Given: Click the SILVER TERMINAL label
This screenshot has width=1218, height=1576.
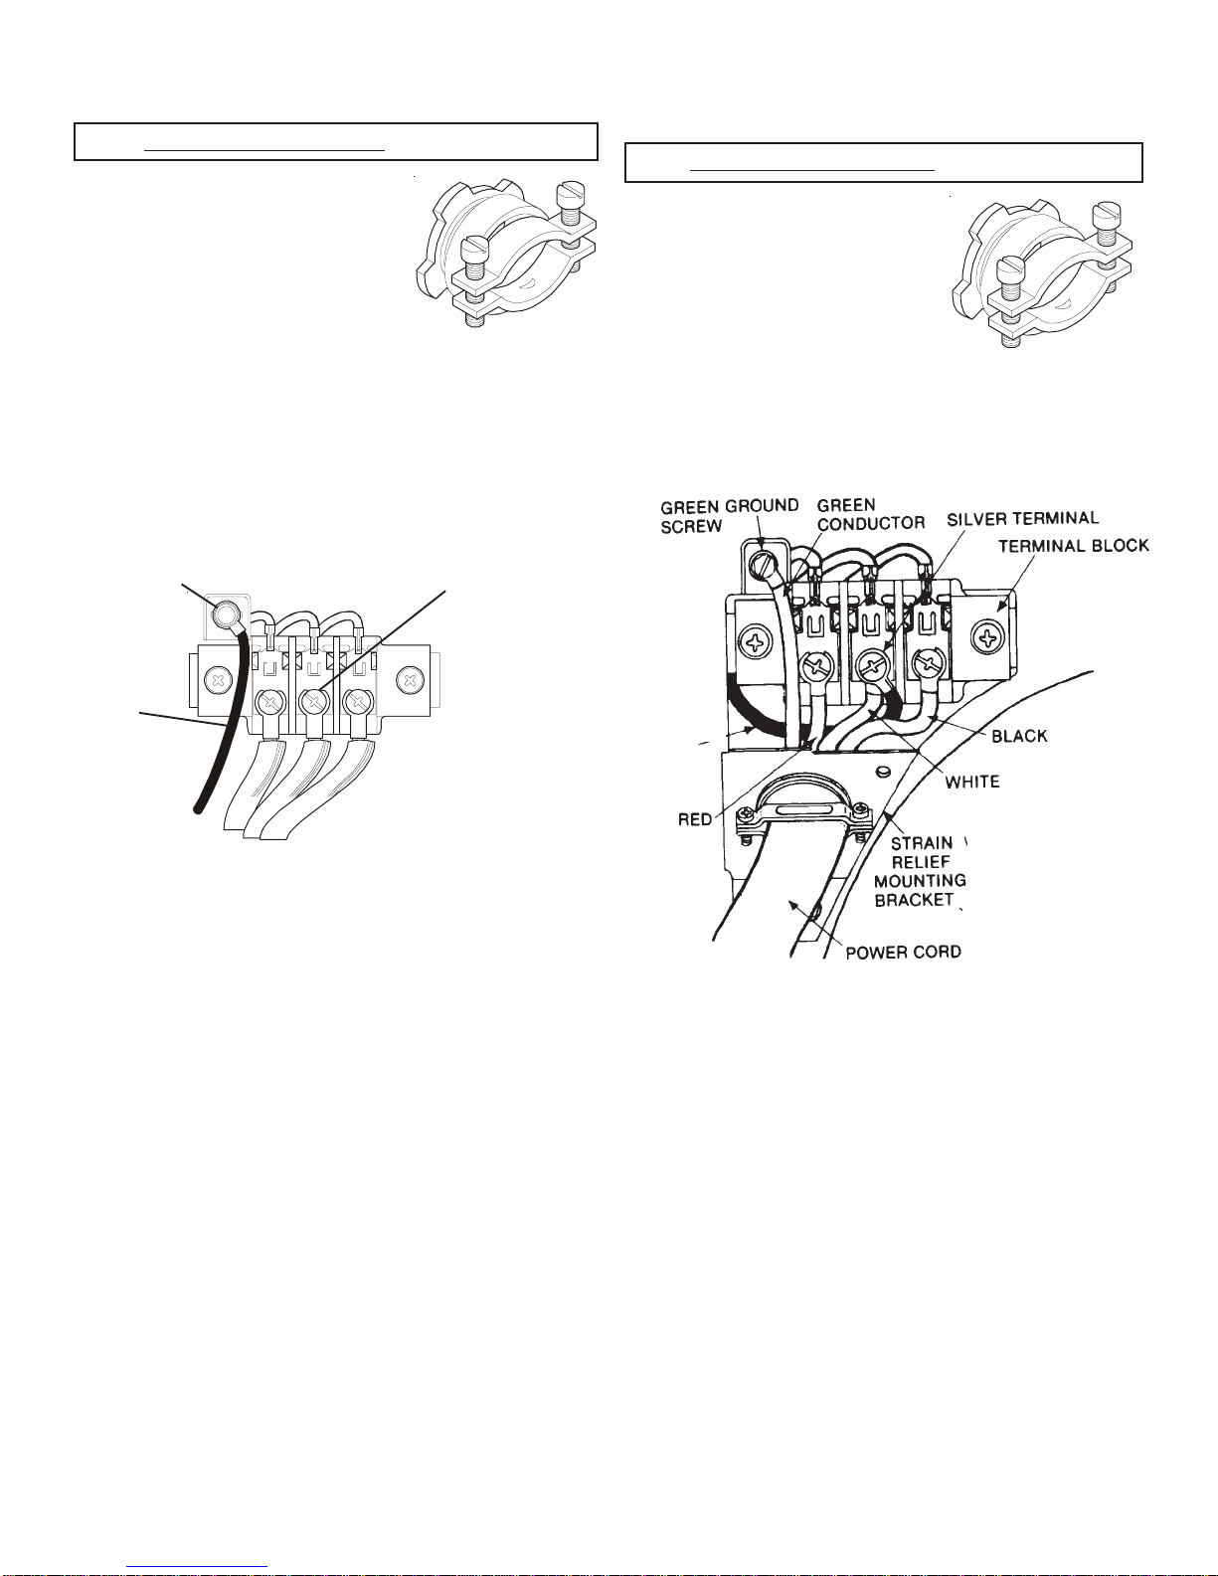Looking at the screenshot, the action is click(1023, 519).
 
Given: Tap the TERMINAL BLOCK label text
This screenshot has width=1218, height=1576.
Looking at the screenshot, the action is click(1074, 546).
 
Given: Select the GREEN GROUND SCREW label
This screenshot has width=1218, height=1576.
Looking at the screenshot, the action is click(730, 516).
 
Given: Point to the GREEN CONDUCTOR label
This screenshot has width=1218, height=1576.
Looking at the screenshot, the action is click(871, 513).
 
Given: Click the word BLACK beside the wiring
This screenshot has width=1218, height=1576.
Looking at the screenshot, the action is click(1019, 736).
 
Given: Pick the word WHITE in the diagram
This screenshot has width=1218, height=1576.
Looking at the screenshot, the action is click(972, 782).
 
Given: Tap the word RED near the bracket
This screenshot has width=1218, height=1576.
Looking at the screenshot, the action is click(695, 819).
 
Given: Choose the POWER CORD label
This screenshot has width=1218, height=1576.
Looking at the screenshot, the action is click(904, 952).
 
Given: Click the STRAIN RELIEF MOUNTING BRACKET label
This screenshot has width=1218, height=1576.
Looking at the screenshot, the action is click(921, 871).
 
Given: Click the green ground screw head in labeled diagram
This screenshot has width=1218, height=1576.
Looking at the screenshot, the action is click(763, 563).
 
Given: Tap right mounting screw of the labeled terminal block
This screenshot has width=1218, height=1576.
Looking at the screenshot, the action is click(986, 638).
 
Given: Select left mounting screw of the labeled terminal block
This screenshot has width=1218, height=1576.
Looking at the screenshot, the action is click(753, 642).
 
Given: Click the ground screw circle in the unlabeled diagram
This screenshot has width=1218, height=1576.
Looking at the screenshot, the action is click(225, 616).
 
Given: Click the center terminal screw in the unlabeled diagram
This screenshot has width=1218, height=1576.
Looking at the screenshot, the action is click(313, 701).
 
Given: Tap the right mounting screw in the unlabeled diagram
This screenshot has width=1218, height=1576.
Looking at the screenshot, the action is click(409, 680).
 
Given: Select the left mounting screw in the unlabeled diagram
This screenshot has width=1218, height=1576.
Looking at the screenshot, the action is click(216, 680).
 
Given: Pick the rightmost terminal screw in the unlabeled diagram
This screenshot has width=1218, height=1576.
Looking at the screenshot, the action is click(357, 701).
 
